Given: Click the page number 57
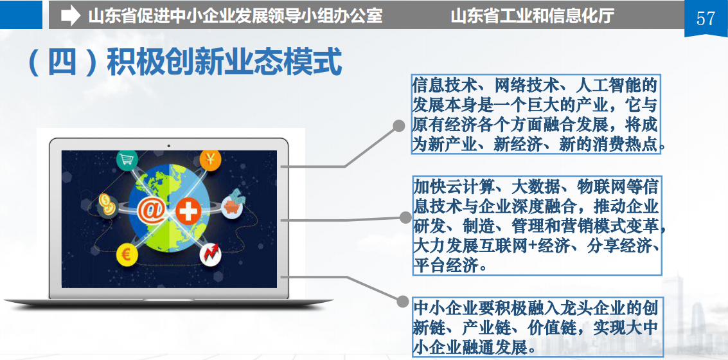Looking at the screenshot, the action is coord(706,18).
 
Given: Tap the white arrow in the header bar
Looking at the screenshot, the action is coord(71,16).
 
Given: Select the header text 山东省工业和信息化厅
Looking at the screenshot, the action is coord(532,16).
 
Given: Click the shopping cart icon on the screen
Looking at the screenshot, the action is coord(125,160).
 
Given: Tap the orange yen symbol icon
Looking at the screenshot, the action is coord(210,160).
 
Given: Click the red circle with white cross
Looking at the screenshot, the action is coord(188,212).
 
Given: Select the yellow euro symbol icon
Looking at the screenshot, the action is coord(127,255).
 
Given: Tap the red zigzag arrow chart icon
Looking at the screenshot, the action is coord(210,254).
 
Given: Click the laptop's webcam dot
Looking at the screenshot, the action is coord(168,146).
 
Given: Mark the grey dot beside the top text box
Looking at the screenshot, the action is coord(399,126).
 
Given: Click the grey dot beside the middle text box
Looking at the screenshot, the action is coord(406,217).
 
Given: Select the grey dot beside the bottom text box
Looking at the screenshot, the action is coord(402,301).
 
